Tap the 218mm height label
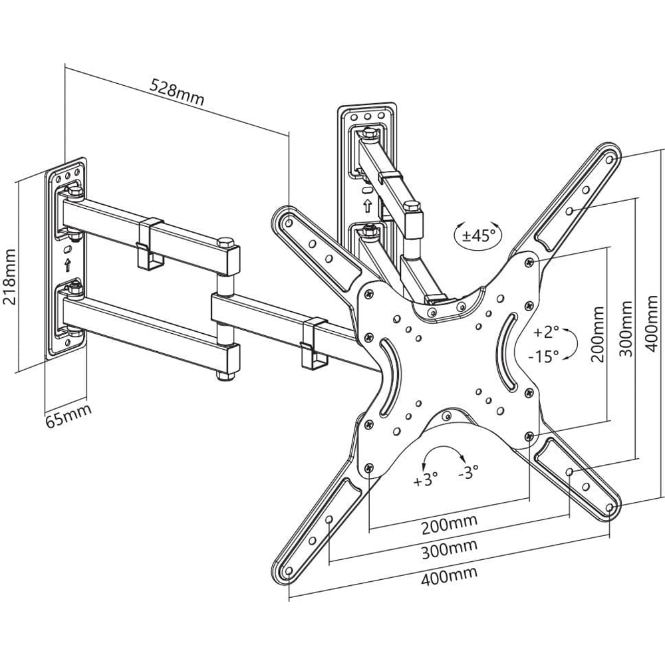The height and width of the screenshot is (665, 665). coord(9,277)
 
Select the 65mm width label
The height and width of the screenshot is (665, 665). coord(68,416)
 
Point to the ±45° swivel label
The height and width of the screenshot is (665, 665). coord(479,235)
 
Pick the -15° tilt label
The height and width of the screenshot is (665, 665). coord(543,356)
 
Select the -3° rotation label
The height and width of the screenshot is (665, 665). coord(468,471)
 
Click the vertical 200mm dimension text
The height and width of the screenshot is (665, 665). coord(597,334)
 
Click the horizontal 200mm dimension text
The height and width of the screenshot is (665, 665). coord(449,524)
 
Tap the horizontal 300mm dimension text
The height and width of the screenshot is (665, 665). coord(449,549)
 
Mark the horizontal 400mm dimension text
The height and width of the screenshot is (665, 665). coord(449,575)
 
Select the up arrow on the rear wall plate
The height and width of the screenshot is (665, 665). coord(367,205)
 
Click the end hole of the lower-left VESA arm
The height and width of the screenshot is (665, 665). coord(289,571)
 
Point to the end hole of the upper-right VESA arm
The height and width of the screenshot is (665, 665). coord(610,160)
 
